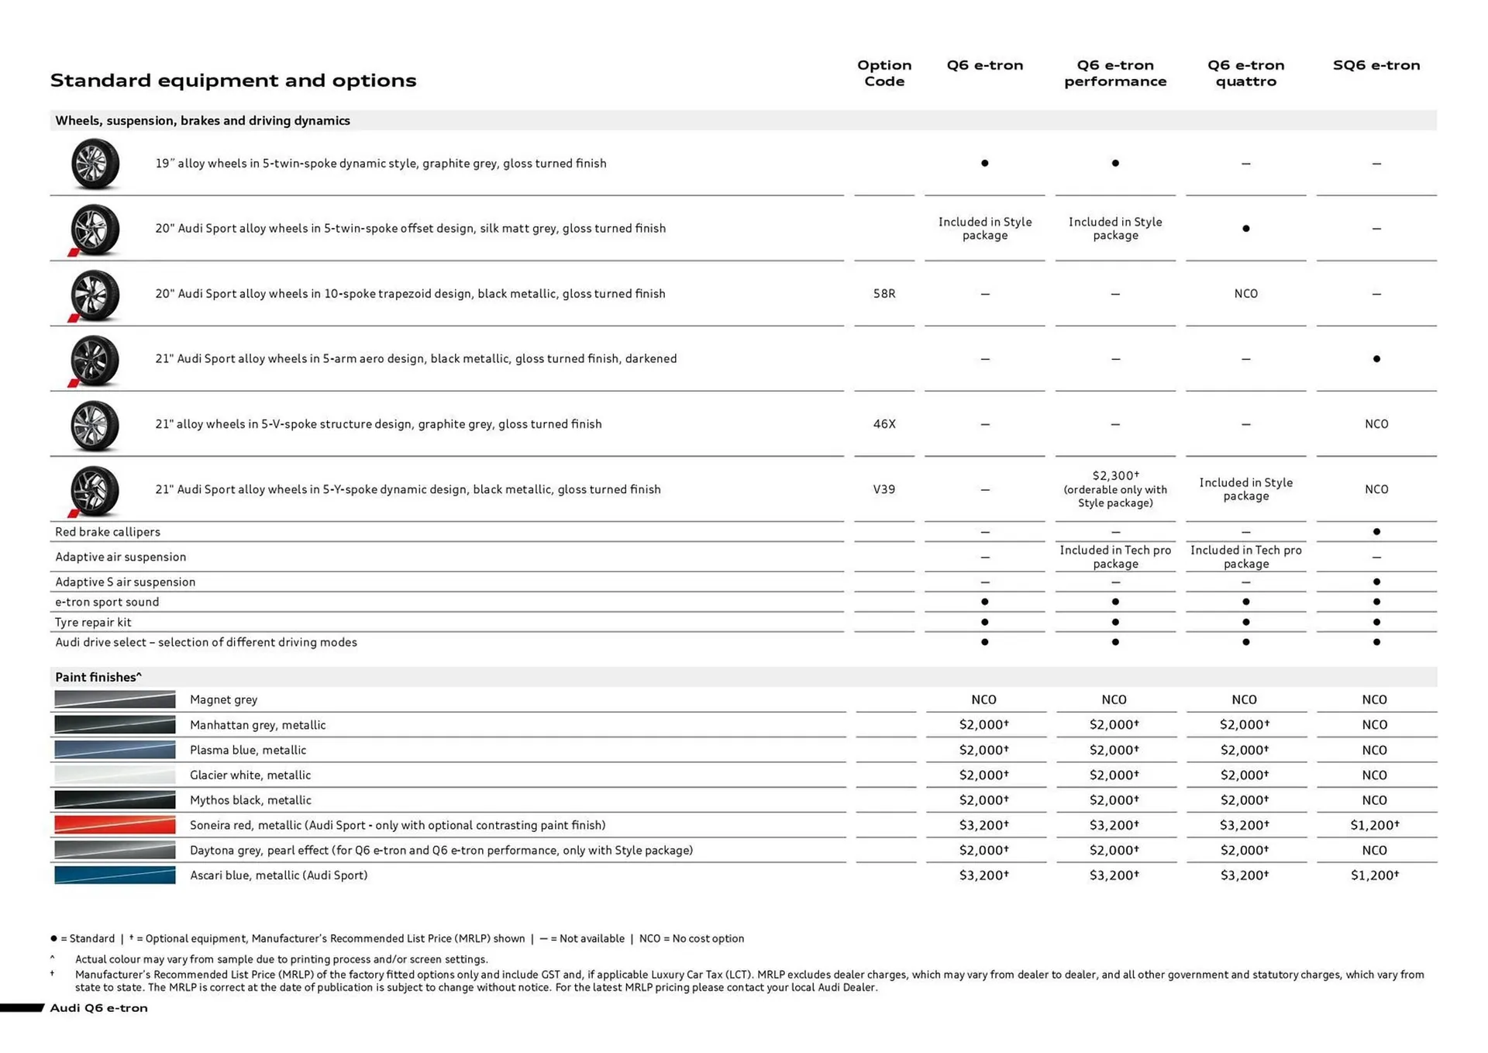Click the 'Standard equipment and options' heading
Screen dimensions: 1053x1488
(x=233, y=81)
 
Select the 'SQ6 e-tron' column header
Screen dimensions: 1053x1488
(x=1376, y=65)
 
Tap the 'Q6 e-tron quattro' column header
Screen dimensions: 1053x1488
(x=1245, y=73)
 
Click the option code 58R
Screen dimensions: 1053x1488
(x=883, y=294)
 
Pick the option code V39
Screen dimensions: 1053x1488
(x=883, y=489)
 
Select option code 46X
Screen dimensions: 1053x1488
(x=883, y=424)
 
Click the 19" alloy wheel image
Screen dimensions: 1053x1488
(x=95, y=164)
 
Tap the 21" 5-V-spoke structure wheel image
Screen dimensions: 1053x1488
(x=95, y=425)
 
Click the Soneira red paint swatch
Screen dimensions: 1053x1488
(x=115, y=825)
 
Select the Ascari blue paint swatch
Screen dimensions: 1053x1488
(x=115, y=875)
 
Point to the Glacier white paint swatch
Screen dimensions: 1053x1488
(x=115, y=775)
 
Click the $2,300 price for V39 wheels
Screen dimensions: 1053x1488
(x=1114, y=475)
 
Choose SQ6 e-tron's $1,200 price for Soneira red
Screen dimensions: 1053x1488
(x=1374, y=825)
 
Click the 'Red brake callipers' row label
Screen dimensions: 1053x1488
(x=108, y=532)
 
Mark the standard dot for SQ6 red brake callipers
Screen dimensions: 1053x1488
(x=1376, y=532)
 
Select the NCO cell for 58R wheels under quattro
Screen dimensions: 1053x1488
(x=1245, y=294)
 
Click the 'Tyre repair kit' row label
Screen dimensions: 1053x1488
(x=93, y=622)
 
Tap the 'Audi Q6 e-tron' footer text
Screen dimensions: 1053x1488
(x=98, y=1008)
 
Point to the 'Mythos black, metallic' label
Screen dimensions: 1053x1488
(x=250, y=800)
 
